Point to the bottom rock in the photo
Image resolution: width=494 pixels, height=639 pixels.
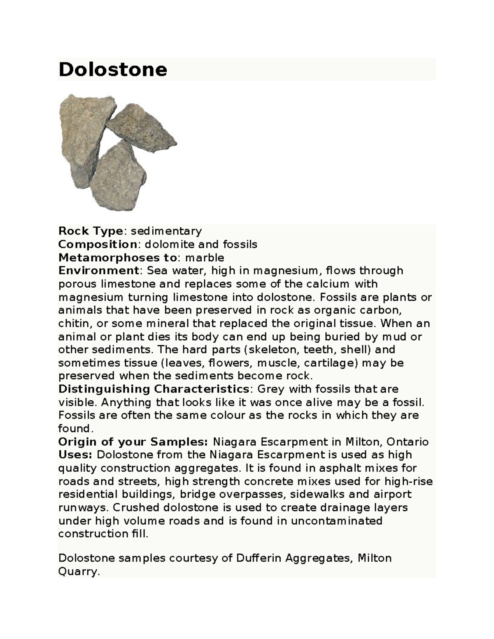(x=119, y=177)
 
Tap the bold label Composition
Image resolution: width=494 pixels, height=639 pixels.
(x=97, y=244)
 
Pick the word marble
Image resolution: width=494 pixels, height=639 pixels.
(x=205, y=258)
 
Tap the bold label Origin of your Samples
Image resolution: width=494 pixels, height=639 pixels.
(x=133, y=442)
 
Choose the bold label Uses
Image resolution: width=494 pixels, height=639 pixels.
(x=76, y=455)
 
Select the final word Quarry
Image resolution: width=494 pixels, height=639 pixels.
(x=79, y=572)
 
